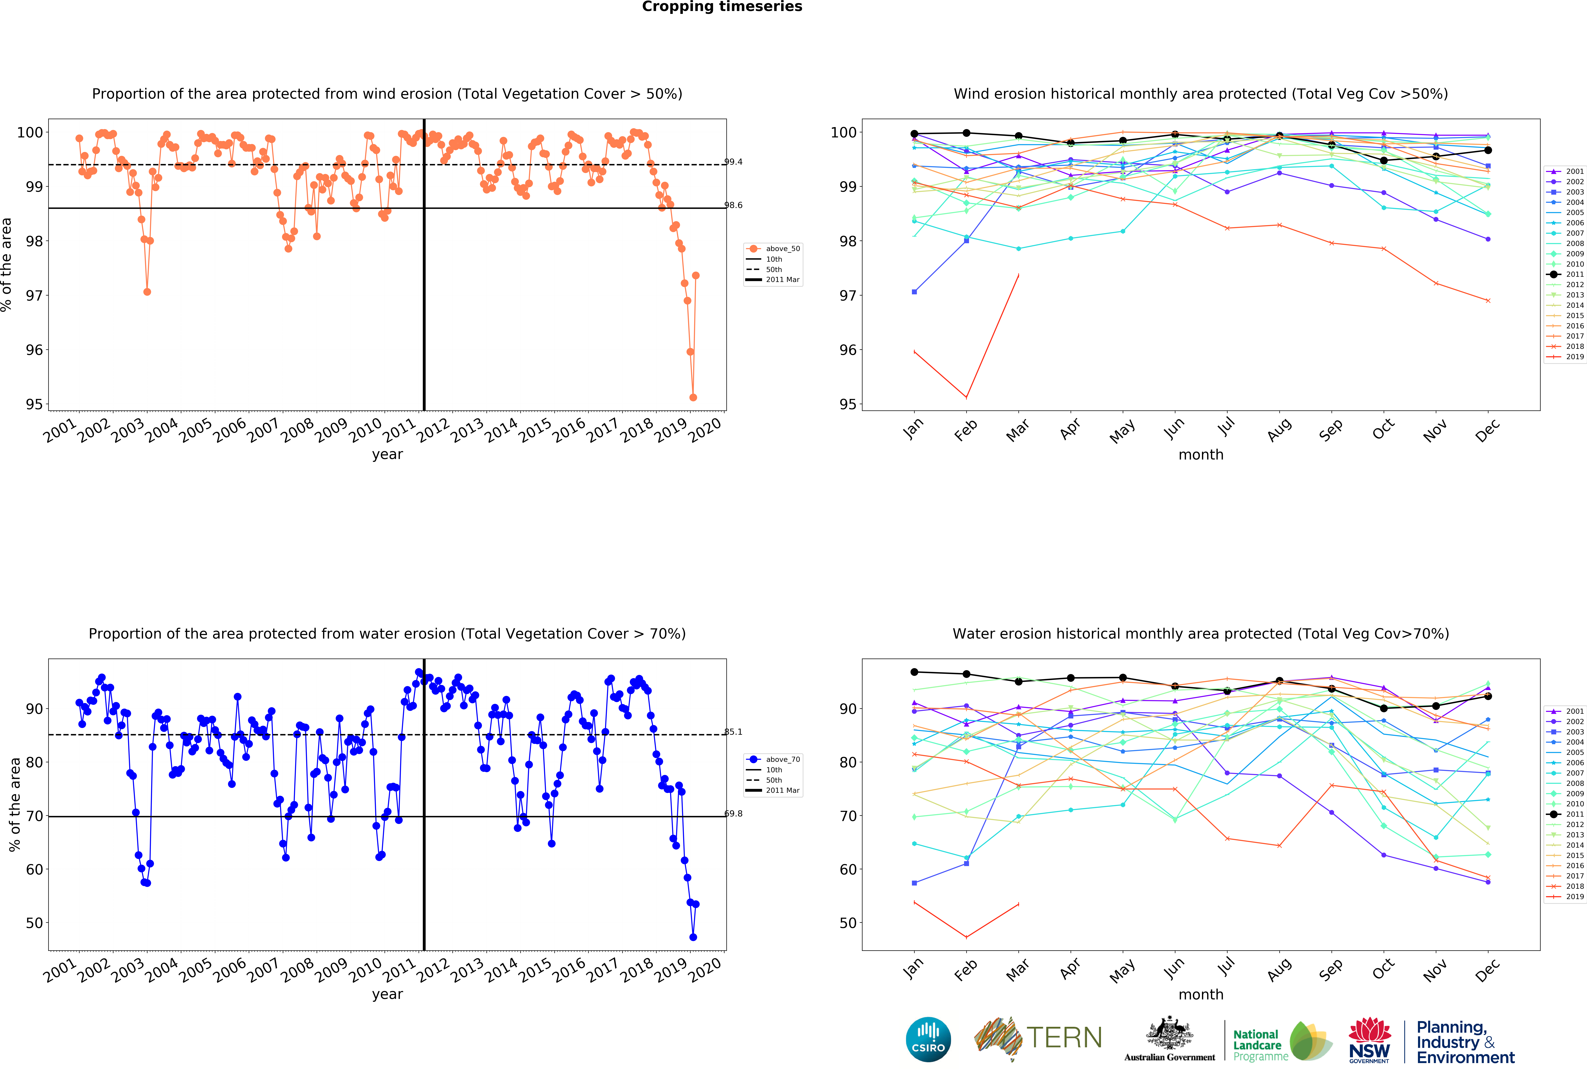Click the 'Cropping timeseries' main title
pyautogui.click(x=722, y=7)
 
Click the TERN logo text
pyautogui.click(x=1064, y=1038)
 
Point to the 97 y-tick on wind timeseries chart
pyautogui.click(x=34, y=296)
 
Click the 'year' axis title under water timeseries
pyautogui.click(x=387, y=994)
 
